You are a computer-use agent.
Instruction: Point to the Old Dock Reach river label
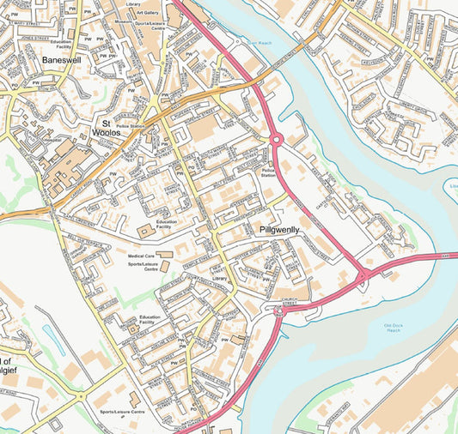coord(393,329)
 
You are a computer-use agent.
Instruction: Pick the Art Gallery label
coord(147,13)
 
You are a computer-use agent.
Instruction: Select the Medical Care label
coord(141,256)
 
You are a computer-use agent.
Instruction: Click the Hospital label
coord(53,137)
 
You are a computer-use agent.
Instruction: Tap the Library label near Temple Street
coord(219,279)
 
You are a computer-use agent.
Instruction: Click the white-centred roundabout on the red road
coord(277,139)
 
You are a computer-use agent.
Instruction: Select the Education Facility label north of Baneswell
coord(61,44)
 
